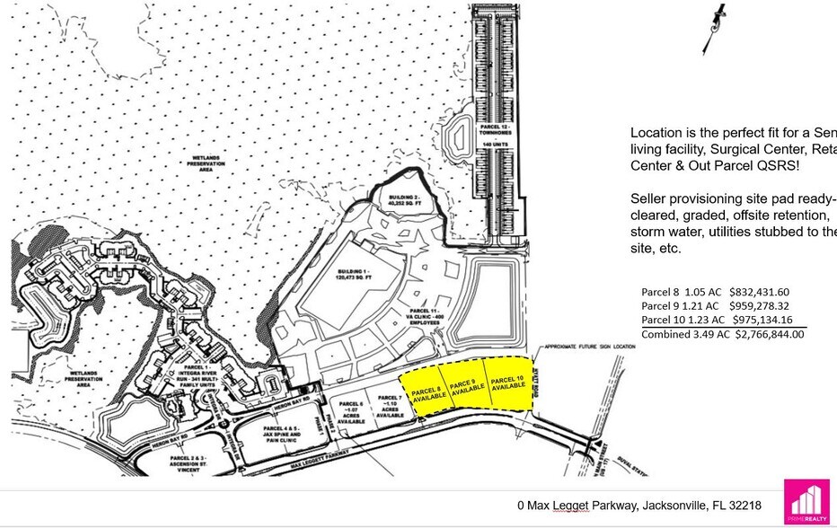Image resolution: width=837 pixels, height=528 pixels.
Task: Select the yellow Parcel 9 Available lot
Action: click(x=467, y=389)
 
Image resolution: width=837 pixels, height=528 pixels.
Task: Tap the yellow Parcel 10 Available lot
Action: click(x=507, y=384)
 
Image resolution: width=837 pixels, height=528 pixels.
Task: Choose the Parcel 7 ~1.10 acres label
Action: click(x=390, y=408)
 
